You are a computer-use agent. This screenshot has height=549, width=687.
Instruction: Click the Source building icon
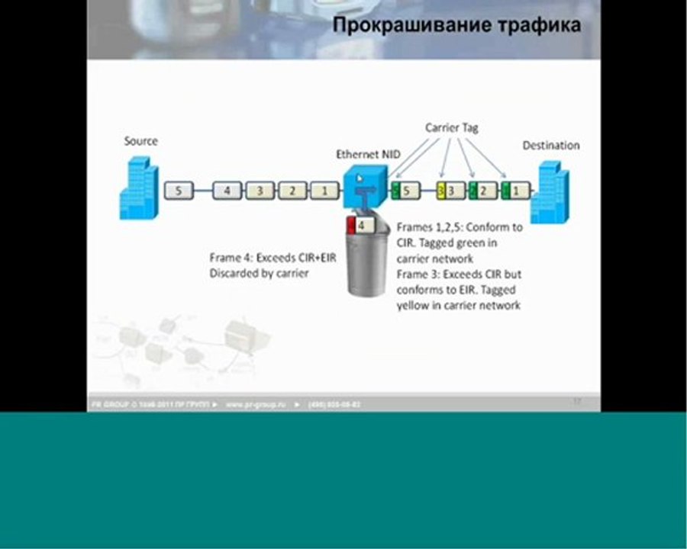tap(138, 188)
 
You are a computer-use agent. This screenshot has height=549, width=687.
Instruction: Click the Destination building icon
tap(550, 195)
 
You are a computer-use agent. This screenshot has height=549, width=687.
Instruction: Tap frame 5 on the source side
tap(179, 191)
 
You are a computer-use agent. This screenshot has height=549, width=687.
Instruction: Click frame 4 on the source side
tap(227, 191)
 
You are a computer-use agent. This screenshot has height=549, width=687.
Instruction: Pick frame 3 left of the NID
tap(260, 191)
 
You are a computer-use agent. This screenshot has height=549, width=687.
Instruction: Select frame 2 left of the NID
tap(292, 191)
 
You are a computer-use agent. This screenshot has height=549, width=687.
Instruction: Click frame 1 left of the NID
tap(324, 191)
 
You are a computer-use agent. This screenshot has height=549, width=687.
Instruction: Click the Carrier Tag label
tap(451, 128)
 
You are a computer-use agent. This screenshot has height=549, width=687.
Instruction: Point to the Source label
tap(140, 141)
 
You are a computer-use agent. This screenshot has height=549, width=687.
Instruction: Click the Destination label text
tap(550, 145)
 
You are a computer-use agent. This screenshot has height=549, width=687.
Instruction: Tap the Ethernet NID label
tap(368, 155)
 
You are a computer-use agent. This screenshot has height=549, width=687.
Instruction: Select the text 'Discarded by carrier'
tap(259, 272)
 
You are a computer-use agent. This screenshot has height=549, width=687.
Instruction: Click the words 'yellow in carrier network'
tap(458, 305)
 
